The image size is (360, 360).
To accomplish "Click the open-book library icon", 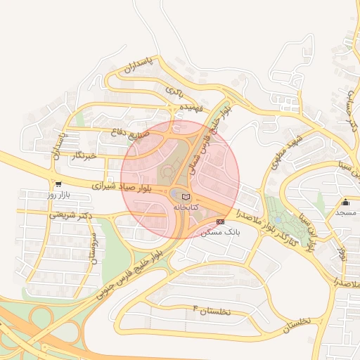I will pyautogui.click(x=186, y=197).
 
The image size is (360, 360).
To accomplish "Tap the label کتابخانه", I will pyautogui.click(x=186, y=208).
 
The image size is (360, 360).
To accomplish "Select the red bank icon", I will pyautogui.click(x=221, y=221).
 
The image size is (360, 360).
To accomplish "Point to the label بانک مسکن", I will pyautogui.click(x=220, y=232).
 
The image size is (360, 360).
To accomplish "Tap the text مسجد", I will pyautogui.click(x=345, y=212).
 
